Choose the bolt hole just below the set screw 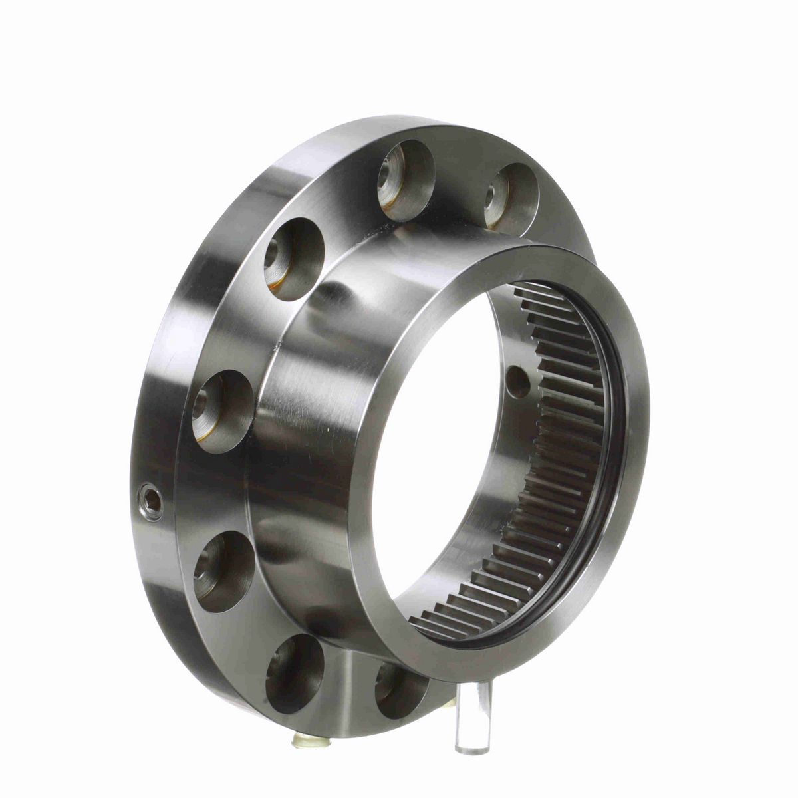click(x=223, y=570)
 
